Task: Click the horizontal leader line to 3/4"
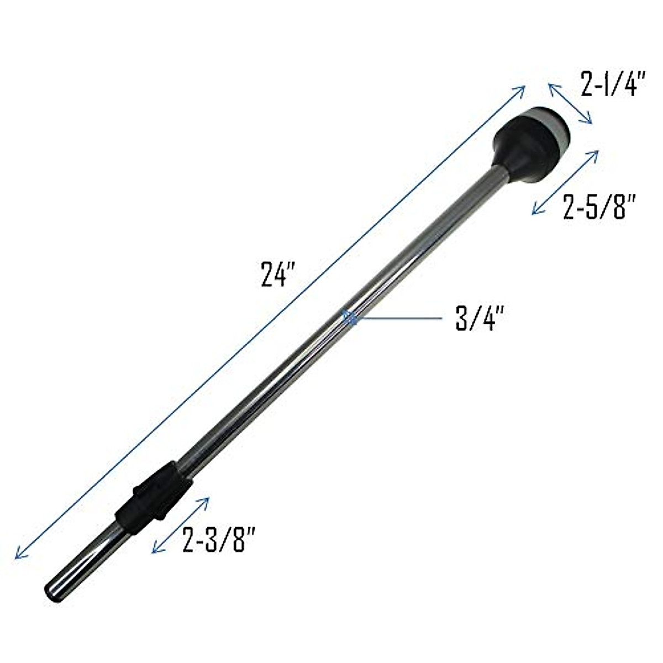pyautogui.click(x=398, y=319)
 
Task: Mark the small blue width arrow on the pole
pyautogui.click(x=349, y=317)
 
